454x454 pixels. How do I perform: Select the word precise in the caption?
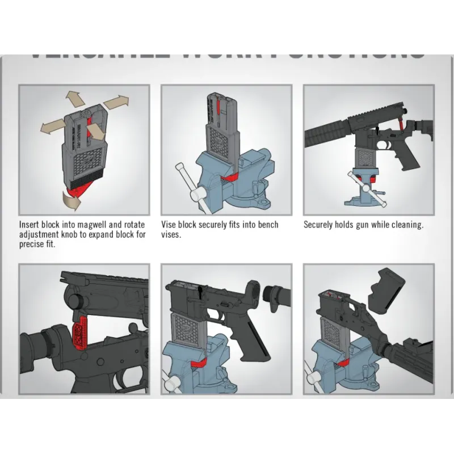coord(33,244)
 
